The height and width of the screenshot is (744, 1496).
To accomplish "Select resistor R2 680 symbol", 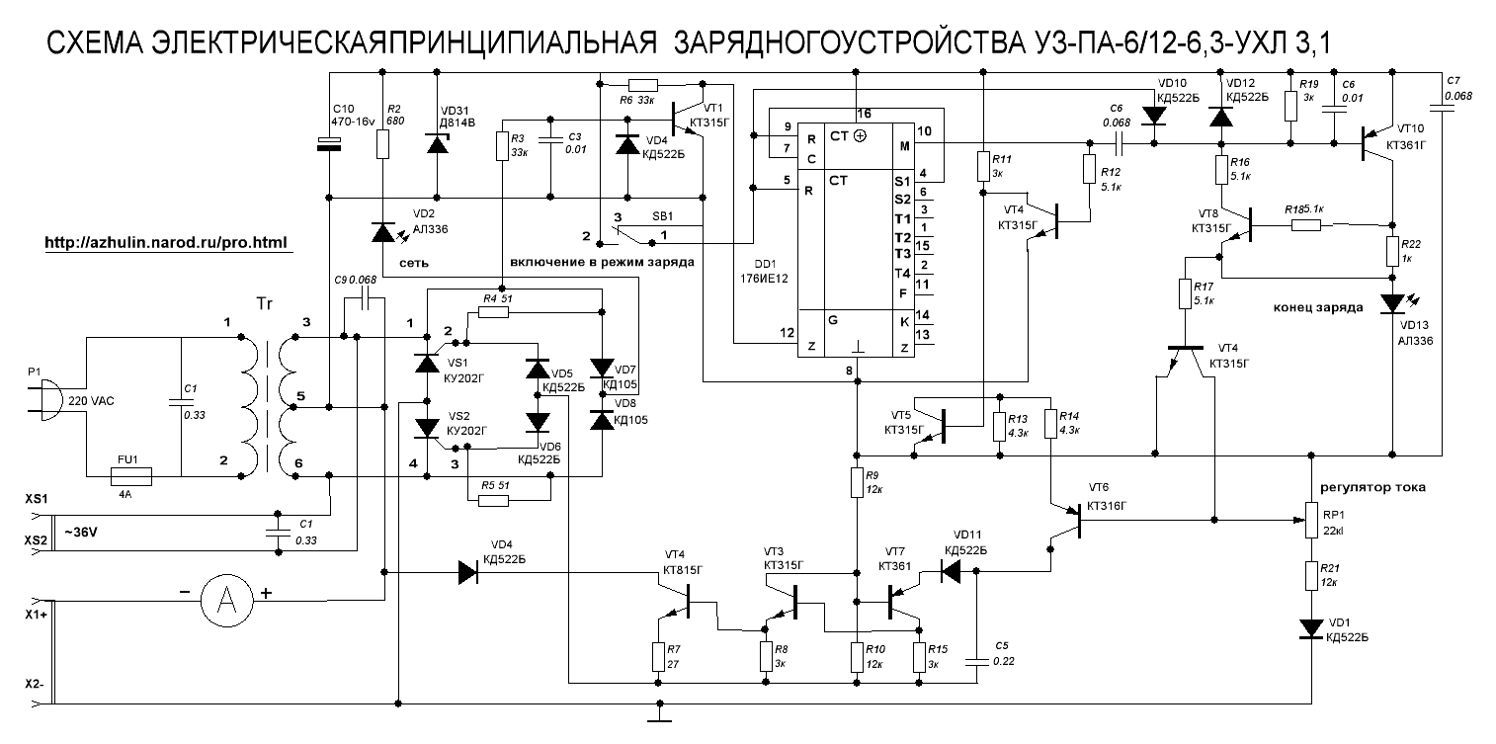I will (382, 145).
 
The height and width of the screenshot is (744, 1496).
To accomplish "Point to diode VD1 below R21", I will (1311, 628).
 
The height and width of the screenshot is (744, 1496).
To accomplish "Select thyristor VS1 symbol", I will (426, 363).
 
